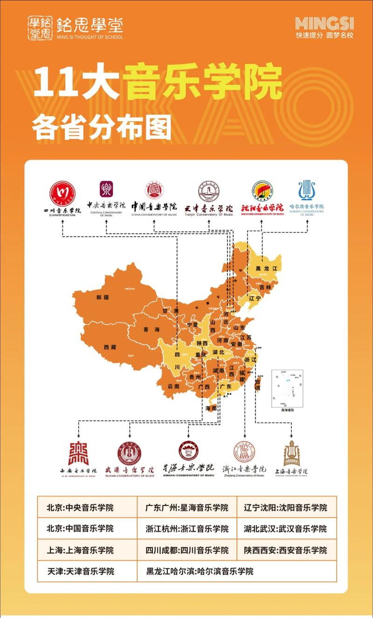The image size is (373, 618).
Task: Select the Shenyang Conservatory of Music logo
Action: [x=262, y=191]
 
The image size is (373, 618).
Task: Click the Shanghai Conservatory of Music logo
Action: [x=292, y=453]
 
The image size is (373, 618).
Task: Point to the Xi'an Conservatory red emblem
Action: [x=78, y=453]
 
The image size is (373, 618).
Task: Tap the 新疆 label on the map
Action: [x=102, y=297]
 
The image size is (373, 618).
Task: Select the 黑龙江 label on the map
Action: [x=266, y=269]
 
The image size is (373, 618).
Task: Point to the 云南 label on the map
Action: [x=173, y=386]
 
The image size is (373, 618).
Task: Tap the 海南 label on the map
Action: [x=211, y=408]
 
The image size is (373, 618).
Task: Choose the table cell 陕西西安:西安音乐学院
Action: [x=286, y=550]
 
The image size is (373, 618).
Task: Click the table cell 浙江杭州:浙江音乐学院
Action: [x=187, y=529]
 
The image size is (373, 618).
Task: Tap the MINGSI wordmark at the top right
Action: [x=325, y=23]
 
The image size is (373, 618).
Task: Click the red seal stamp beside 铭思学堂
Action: [x=40, y=27]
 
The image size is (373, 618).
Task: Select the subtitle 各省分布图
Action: [x=102, y=127]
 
